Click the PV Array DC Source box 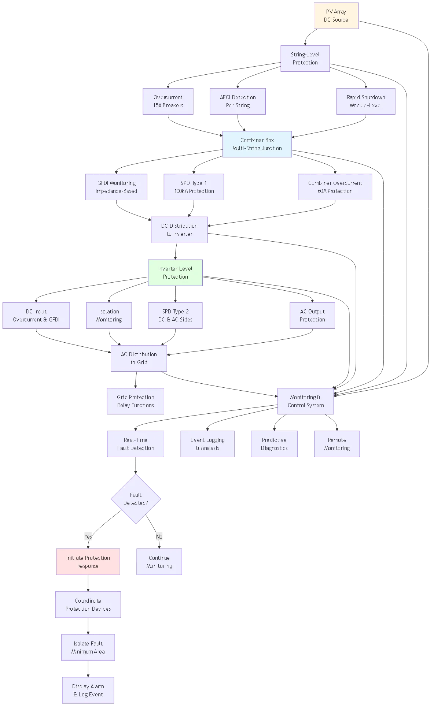tap(336, 16)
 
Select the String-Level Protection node tap(305, 59)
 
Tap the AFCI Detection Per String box tap(238, 101)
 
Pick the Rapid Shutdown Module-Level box tap(365, 101)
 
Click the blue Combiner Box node tap(257, 144)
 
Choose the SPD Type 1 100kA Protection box tap(194, 187)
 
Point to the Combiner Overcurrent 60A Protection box tap(335, 187)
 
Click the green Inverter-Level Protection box tap(175, 273)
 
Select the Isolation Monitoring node tap(109, 316)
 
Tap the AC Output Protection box tap(312, 316)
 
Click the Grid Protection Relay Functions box tap(135, 401)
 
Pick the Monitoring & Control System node tap(305, 401)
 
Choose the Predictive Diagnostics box tap(274, 444)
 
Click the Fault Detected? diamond tap(136, 499)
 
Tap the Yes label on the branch tap(88, 537)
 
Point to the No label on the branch tap(159, 537)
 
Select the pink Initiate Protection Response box tap(88, 562)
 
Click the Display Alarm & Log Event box tap(88, 690)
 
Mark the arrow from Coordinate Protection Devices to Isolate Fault tap(88, 625)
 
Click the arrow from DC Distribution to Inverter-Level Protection tap(176, 251)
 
